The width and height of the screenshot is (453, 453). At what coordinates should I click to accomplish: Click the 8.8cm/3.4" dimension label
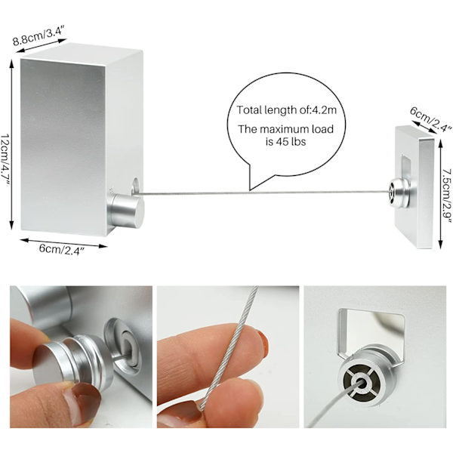(x=39, y=35)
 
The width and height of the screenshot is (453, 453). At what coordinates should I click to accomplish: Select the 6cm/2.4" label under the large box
(x=62, y=248)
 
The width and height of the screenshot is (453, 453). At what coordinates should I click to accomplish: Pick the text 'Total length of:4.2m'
(x=287, y=110)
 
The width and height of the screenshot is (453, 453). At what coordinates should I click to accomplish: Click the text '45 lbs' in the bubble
(x=291, y=142)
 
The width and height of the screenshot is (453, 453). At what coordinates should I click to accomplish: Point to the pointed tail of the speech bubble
(x=250, y=190)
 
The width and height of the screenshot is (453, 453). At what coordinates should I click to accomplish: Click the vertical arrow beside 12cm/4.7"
(x=11, y=144)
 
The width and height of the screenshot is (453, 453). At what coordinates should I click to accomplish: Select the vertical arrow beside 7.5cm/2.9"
(x=440, y=193)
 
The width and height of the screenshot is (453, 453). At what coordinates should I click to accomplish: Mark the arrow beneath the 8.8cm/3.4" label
(x=42, y=46)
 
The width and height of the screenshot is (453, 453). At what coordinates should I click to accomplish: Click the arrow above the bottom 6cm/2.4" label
(x=64, y=243)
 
